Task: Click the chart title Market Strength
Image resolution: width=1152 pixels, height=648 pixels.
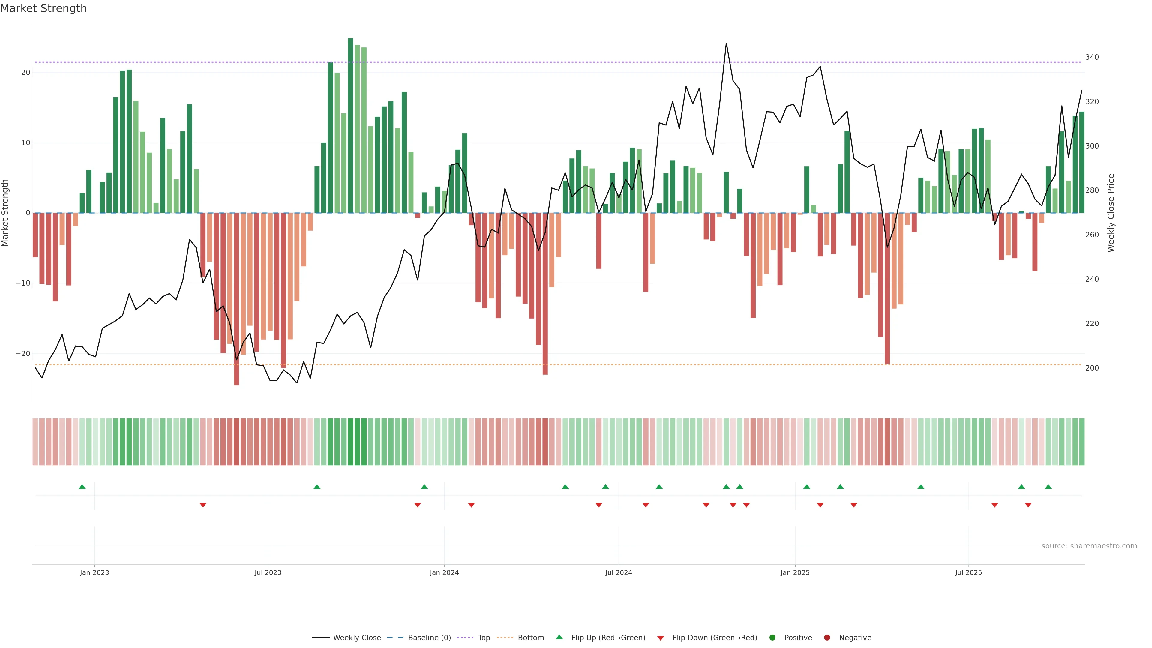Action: (43, 8)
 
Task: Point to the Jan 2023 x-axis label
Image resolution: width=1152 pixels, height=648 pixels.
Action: (94, 572)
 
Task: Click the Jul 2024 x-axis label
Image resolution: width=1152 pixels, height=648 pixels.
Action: (619, 572)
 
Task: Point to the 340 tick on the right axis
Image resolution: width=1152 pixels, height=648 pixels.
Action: (1092, 57)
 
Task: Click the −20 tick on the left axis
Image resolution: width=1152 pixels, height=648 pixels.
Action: (23, 354)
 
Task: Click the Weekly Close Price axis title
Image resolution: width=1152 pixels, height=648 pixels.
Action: (1111, 213)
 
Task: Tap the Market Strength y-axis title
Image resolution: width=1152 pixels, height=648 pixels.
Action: (5, 213)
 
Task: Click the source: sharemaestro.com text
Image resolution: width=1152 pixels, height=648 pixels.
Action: (1089, 546)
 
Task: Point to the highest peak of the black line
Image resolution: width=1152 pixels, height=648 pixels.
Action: (726, 43)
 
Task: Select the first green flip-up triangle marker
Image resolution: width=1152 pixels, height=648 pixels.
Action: (82, 487)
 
